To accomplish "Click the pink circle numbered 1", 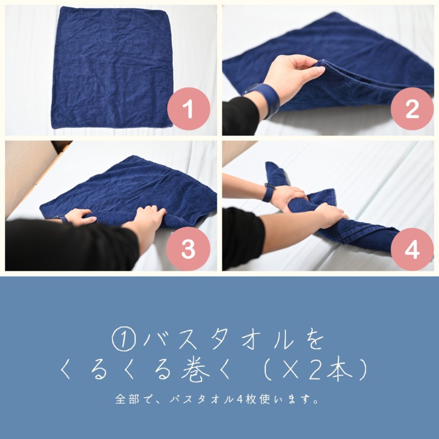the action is point(189,108).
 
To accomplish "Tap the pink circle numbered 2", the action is point(412,108).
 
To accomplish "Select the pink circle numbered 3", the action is point(188,249).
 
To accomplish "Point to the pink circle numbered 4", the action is point(412,249).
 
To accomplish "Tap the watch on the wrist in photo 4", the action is point(268,192).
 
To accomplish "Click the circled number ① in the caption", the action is point(124,339).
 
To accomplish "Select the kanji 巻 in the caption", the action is point(195,370).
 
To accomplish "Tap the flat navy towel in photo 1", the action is point(112,68).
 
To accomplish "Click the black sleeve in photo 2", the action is point(241,116).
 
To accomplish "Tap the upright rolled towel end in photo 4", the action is point(276,174).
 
